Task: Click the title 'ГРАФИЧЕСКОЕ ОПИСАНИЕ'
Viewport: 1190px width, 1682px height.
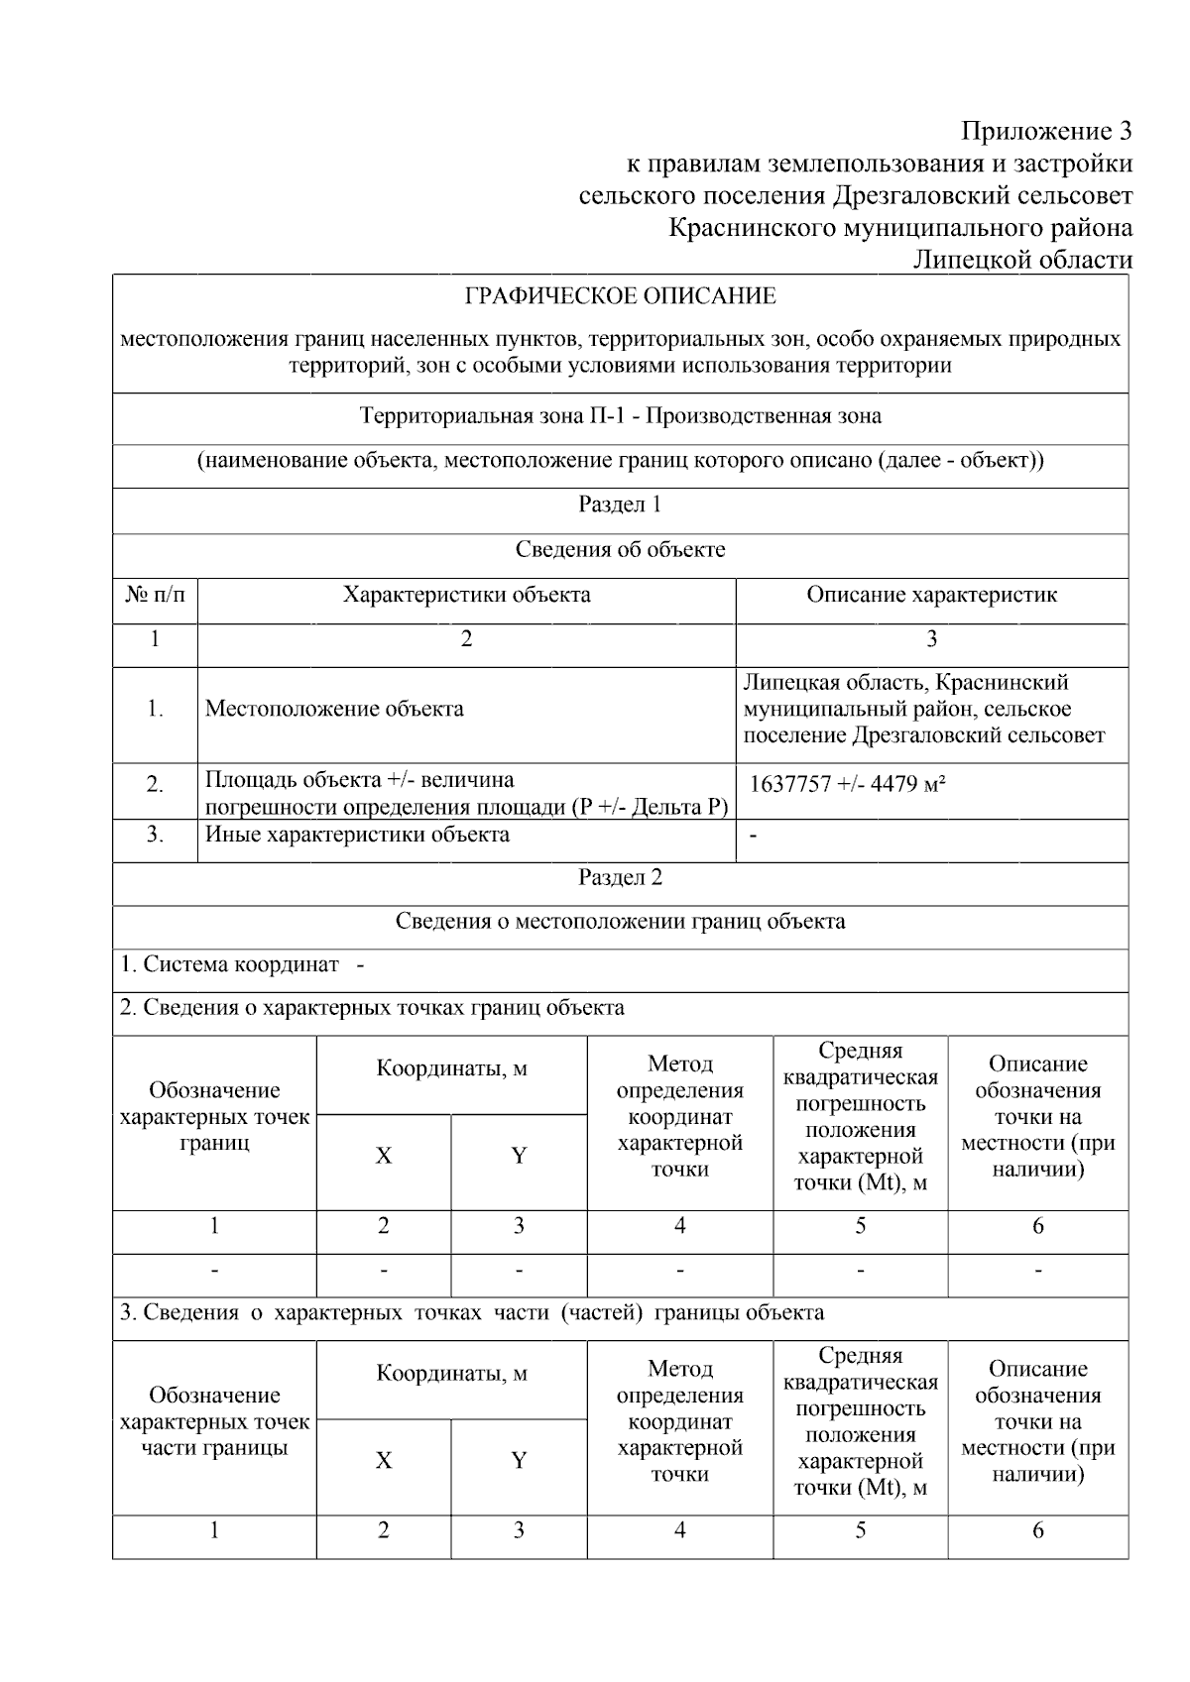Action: (x=621, y=296)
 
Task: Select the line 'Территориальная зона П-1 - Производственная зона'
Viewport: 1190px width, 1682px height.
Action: (x=621, y=416)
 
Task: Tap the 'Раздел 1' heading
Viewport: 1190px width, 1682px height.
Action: (x=621, y=505)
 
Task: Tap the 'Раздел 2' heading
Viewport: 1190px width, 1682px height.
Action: (x=621, y=878)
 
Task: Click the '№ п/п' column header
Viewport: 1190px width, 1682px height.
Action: (x=155, y=595)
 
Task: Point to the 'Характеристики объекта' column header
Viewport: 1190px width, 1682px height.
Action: (x=466, y=595)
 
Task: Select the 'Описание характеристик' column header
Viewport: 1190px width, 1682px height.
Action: (x=931, y=595)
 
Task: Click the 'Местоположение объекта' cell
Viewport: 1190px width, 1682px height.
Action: (x=334, y=710)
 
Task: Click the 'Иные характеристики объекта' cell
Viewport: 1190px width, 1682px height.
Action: (x=357, y=835)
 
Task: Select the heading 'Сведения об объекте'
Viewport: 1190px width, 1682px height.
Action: (x=621, y=550)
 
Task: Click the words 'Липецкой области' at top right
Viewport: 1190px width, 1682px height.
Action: (x=1021, y=260)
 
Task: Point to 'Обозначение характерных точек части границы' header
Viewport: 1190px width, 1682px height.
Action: (x=214, y=1421)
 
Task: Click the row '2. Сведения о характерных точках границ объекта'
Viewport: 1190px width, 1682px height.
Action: (x=372, y=1009)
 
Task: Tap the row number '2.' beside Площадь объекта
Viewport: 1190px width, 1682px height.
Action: (x=155, y=785)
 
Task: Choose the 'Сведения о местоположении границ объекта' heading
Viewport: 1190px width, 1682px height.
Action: (x=621, y=922)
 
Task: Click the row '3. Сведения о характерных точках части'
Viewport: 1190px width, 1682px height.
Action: (x=471, y=1313)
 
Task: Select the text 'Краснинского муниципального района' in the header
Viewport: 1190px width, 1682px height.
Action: (x=900, y=228)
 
